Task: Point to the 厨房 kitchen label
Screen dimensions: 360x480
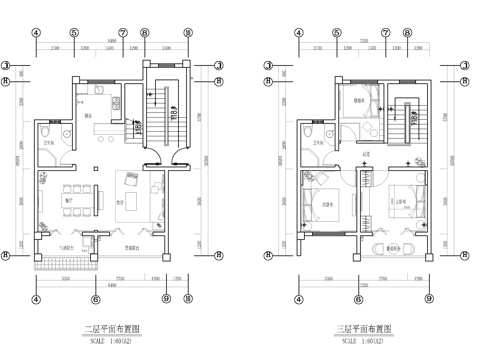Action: point(89,117)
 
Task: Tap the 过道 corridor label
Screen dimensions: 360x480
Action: point(367,153)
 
